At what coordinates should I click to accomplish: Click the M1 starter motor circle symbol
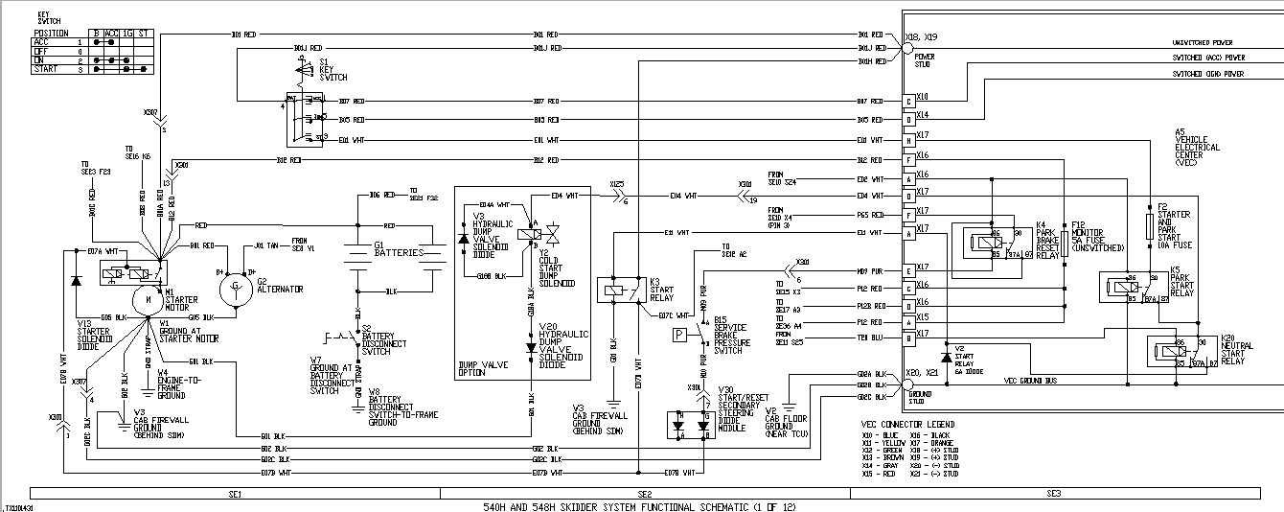point(149,298)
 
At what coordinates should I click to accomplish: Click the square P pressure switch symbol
point(678,334)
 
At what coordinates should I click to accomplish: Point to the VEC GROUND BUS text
point(1029,380)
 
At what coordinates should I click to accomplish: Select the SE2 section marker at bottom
point(644,493)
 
